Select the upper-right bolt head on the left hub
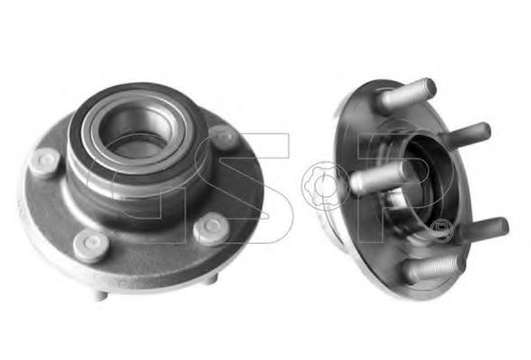pos(223,137)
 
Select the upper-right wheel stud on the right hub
pos(469,137)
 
